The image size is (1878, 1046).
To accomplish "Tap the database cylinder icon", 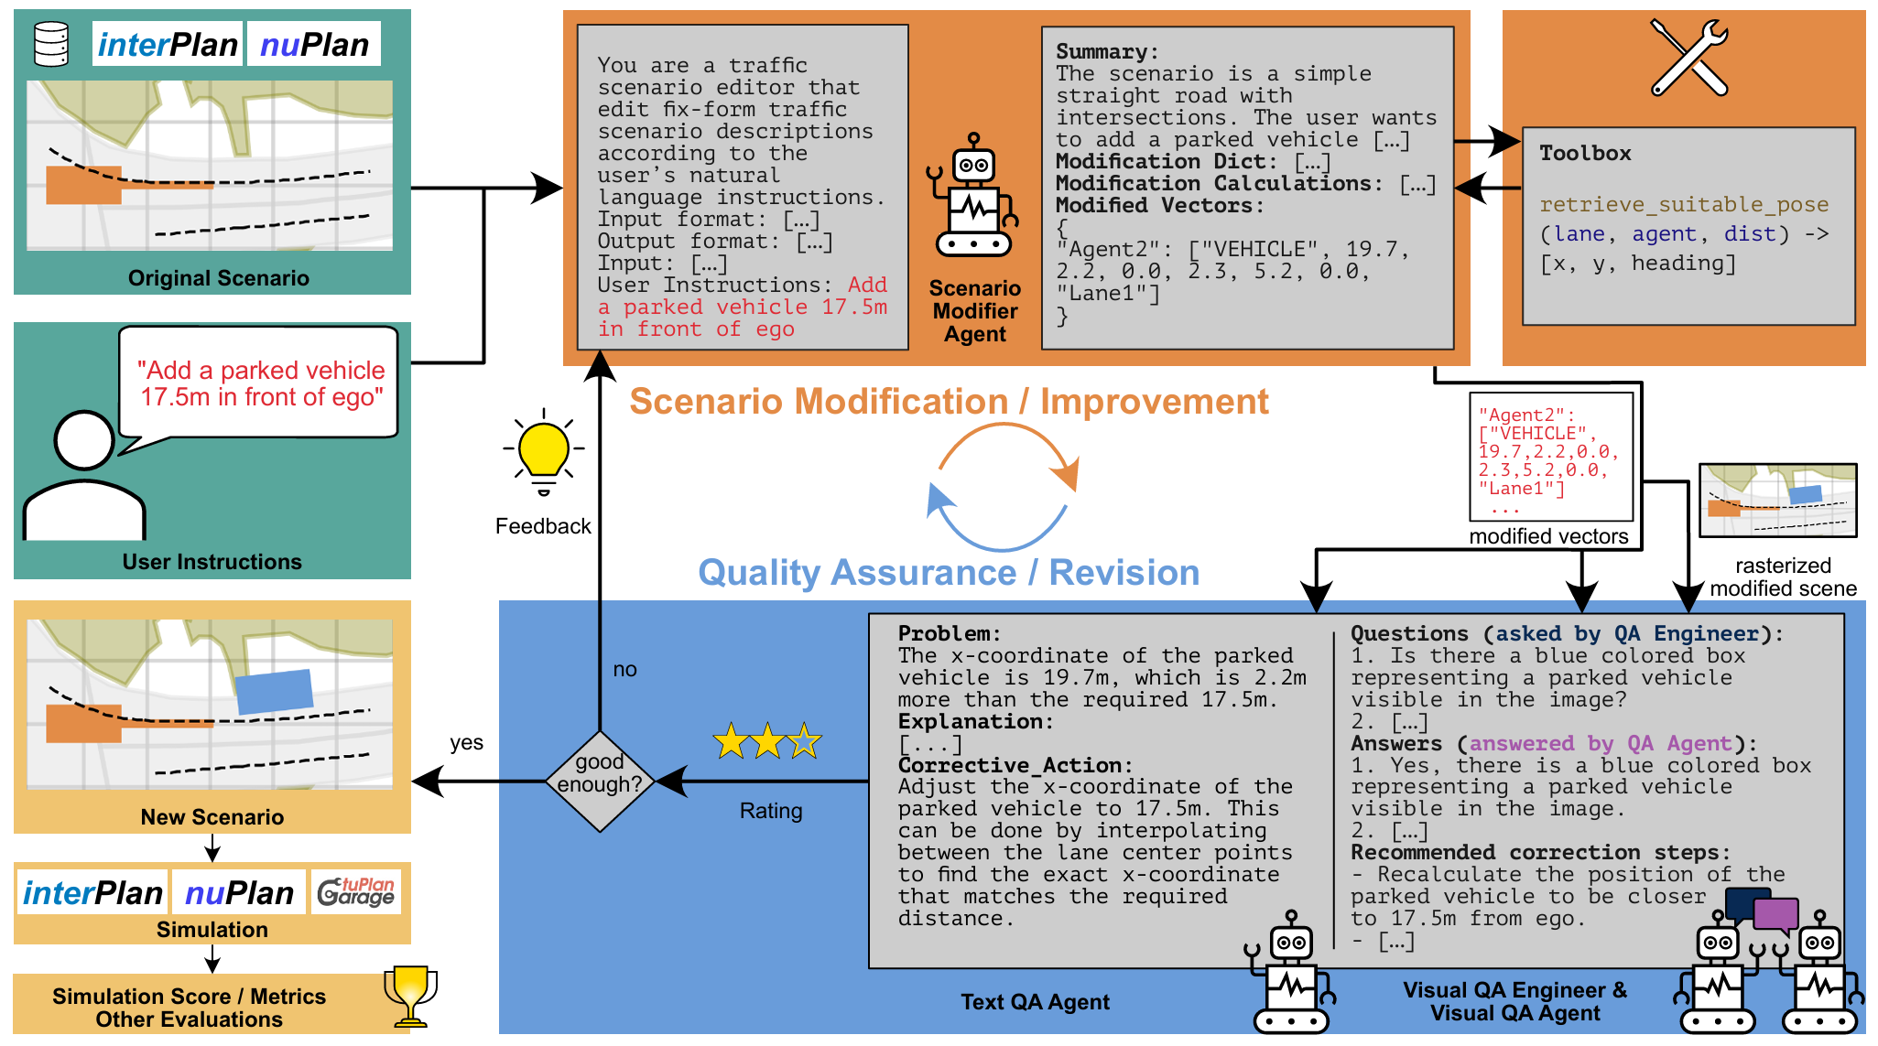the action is pos(51,44).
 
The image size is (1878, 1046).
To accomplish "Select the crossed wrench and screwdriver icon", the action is pos(1688,58).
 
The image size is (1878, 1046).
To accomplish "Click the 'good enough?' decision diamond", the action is pos(600,781).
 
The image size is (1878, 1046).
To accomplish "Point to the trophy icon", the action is pos(410,995).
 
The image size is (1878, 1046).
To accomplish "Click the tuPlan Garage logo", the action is pos(356,891).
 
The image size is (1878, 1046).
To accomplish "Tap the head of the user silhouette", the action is pos(84,440).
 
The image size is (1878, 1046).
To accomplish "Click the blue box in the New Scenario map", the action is pos(275,692).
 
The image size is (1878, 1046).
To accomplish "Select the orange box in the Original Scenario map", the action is pos(84,185).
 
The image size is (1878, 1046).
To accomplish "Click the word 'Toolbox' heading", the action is pos(1585,153).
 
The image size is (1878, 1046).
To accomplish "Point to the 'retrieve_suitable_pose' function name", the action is pos(1683,204).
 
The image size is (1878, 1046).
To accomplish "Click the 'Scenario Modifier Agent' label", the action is pos(974,311).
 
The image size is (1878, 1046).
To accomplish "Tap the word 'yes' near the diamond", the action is pos(466,743).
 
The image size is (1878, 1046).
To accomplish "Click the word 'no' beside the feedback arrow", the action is pos(624,670).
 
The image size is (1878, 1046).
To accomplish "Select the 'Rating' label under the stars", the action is pos(771,811).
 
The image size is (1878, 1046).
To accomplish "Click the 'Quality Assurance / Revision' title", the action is pos(949,573).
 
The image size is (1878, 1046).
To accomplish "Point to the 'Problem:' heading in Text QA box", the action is pos(950,633).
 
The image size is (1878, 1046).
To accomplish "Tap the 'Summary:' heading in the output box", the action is pos(1107,51).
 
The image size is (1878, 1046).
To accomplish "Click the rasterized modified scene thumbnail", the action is pos(1777,500).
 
